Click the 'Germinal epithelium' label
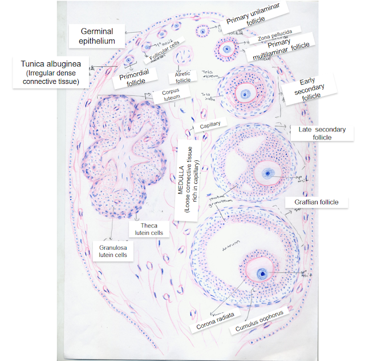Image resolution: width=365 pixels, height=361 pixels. coord(97,35)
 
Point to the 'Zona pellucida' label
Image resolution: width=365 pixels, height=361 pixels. coord(274,34)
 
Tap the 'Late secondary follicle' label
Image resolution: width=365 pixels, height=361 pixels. coord(322,133)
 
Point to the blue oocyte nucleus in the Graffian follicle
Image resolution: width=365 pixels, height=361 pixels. coord(262,274)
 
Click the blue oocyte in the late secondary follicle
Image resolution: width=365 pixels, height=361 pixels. coord(266,173)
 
